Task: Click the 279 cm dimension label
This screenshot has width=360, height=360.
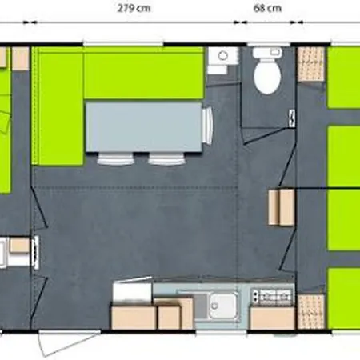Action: click(x=133, y=10)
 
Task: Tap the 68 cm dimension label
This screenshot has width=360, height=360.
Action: click(x=267, y=10)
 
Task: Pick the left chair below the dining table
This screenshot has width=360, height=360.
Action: click(x=114, y=157)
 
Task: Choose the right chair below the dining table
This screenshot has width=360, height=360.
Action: click(x=166, y=157)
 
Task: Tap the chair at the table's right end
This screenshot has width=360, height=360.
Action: click(x=208, y=126)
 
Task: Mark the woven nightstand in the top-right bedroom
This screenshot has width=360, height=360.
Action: click(x=312, y=63)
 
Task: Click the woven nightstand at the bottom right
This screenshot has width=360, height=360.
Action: click(x=311, y=312)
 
